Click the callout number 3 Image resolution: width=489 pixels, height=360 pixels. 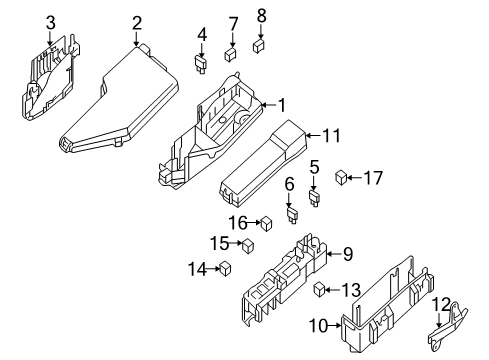click(x=50, y=22)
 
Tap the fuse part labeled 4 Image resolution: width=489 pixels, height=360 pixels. click(x=200, y=65)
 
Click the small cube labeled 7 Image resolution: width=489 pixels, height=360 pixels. click(x=230, y=55)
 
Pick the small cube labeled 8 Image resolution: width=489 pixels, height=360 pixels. click(x=260, y=44)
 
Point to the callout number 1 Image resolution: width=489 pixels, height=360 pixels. click(x=281, y=104)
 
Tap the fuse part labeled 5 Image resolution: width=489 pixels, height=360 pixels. click(x=313, y=196)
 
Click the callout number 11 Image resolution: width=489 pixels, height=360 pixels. click(x=331, y=133)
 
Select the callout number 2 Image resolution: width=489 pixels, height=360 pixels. click(x=136, y=22)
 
